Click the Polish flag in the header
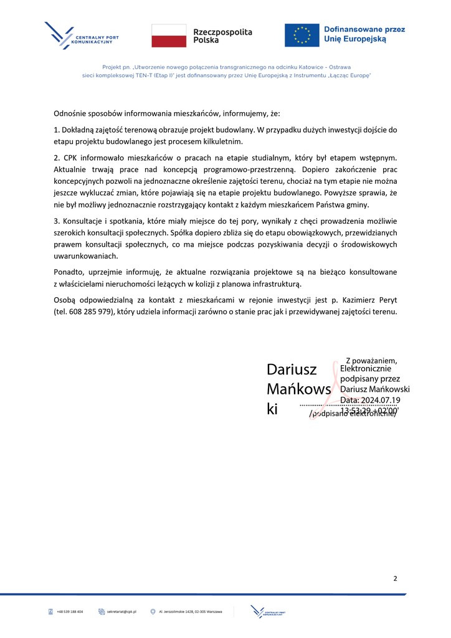coord(169,36)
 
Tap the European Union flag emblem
coord(302,35)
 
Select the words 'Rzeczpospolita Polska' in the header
coord(222,36)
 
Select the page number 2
coord(395,579)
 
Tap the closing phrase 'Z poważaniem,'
coord(371,360)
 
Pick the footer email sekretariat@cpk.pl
coord(121,612)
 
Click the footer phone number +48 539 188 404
coord(70,612)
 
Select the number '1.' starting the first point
coord(57,130)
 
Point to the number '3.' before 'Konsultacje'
coord(57,221)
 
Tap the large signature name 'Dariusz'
coord(292,369)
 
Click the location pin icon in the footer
coord(153,612)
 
